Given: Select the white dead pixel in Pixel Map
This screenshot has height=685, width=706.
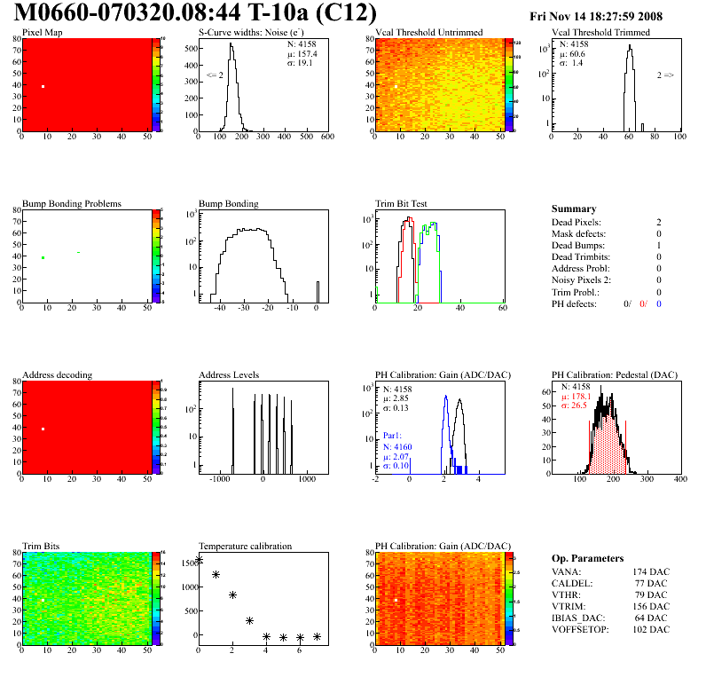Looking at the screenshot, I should click(43, 86).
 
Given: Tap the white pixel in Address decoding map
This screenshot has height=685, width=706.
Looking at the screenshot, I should click(43, 429).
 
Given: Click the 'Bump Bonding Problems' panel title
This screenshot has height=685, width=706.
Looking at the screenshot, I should click(72, 203).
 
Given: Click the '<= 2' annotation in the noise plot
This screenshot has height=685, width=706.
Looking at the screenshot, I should click(214, 75).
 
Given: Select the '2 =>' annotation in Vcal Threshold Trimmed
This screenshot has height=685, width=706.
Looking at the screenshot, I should click(665, 75).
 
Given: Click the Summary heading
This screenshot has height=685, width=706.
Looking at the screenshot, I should click(574, 209).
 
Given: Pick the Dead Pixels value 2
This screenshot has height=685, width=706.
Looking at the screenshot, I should click(658, 222).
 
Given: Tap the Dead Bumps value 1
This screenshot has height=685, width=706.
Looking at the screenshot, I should click(658, 245).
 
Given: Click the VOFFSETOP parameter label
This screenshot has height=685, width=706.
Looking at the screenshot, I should click(580, 629).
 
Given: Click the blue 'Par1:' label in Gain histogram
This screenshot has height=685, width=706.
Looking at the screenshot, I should click(394, 437).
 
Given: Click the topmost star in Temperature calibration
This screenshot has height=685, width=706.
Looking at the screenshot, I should click(199, 559).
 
